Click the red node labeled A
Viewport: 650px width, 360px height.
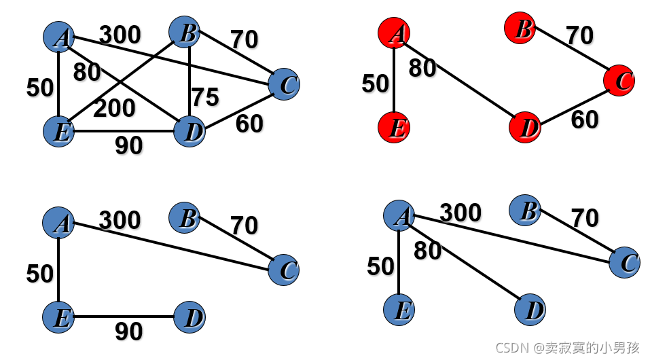(x=394, y=33)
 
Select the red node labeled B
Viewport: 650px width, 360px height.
(x=520, y=28)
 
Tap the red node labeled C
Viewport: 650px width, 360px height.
(x=619, y=80)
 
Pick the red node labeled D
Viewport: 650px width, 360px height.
(x=525, y=128)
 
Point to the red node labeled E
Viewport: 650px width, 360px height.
(x=394, y=128)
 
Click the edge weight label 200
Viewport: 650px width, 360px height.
(x=114, y=108)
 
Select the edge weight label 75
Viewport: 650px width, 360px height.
(x=204, y=98)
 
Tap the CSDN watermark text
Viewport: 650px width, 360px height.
(x=567, y=348)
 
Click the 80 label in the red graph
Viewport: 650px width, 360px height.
(x=422, y=69)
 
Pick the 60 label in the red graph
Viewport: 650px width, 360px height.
(x=584, y=120)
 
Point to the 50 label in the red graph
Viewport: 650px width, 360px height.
(x=375, y=84)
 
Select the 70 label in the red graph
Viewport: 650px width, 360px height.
(x=579, y=35)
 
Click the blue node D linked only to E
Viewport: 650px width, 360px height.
(x=189, y=317)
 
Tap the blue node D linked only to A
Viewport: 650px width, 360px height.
(x=530, y=311)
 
